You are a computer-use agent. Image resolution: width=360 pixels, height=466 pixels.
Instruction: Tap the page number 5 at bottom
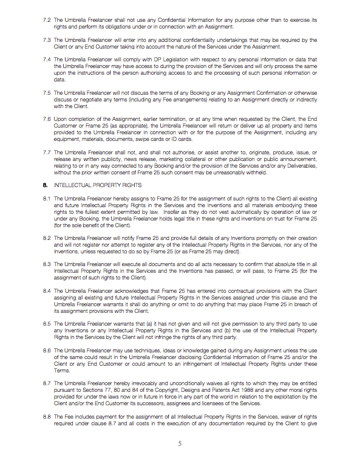tap(180, 444)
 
